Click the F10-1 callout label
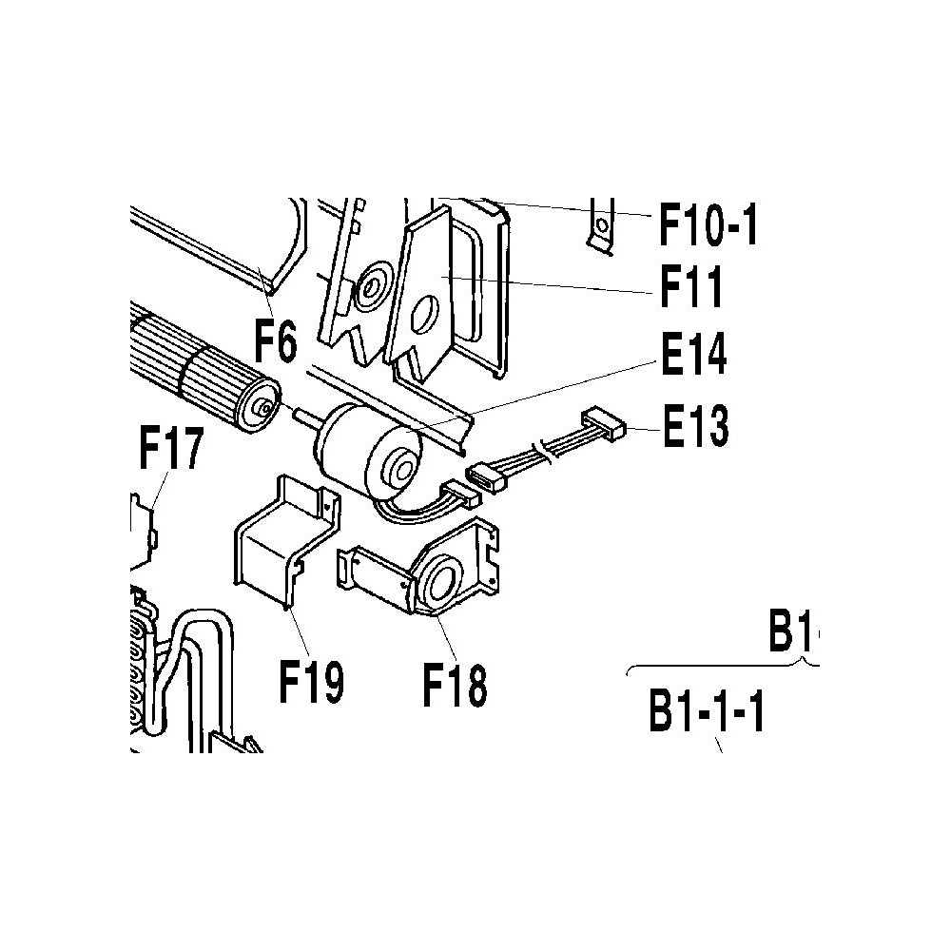pos(708,223)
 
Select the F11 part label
pos(691,287)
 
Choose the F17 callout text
pos(170,448)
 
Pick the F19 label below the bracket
pos(311,681)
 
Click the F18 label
pos(455,686)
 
